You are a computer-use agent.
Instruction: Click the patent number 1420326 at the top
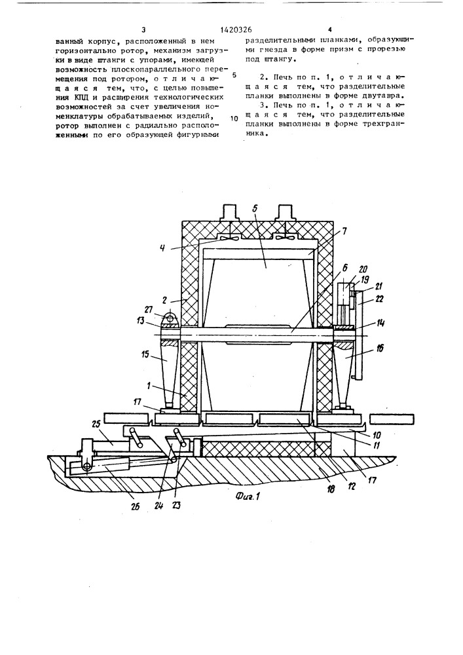[236, 30]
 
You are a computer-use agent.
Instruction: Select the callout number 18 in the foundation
[331, 489]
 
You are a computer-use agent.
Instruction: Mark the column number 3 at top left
[143, 29]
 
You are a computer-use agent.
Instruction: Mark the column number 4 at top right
[330, 29]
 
